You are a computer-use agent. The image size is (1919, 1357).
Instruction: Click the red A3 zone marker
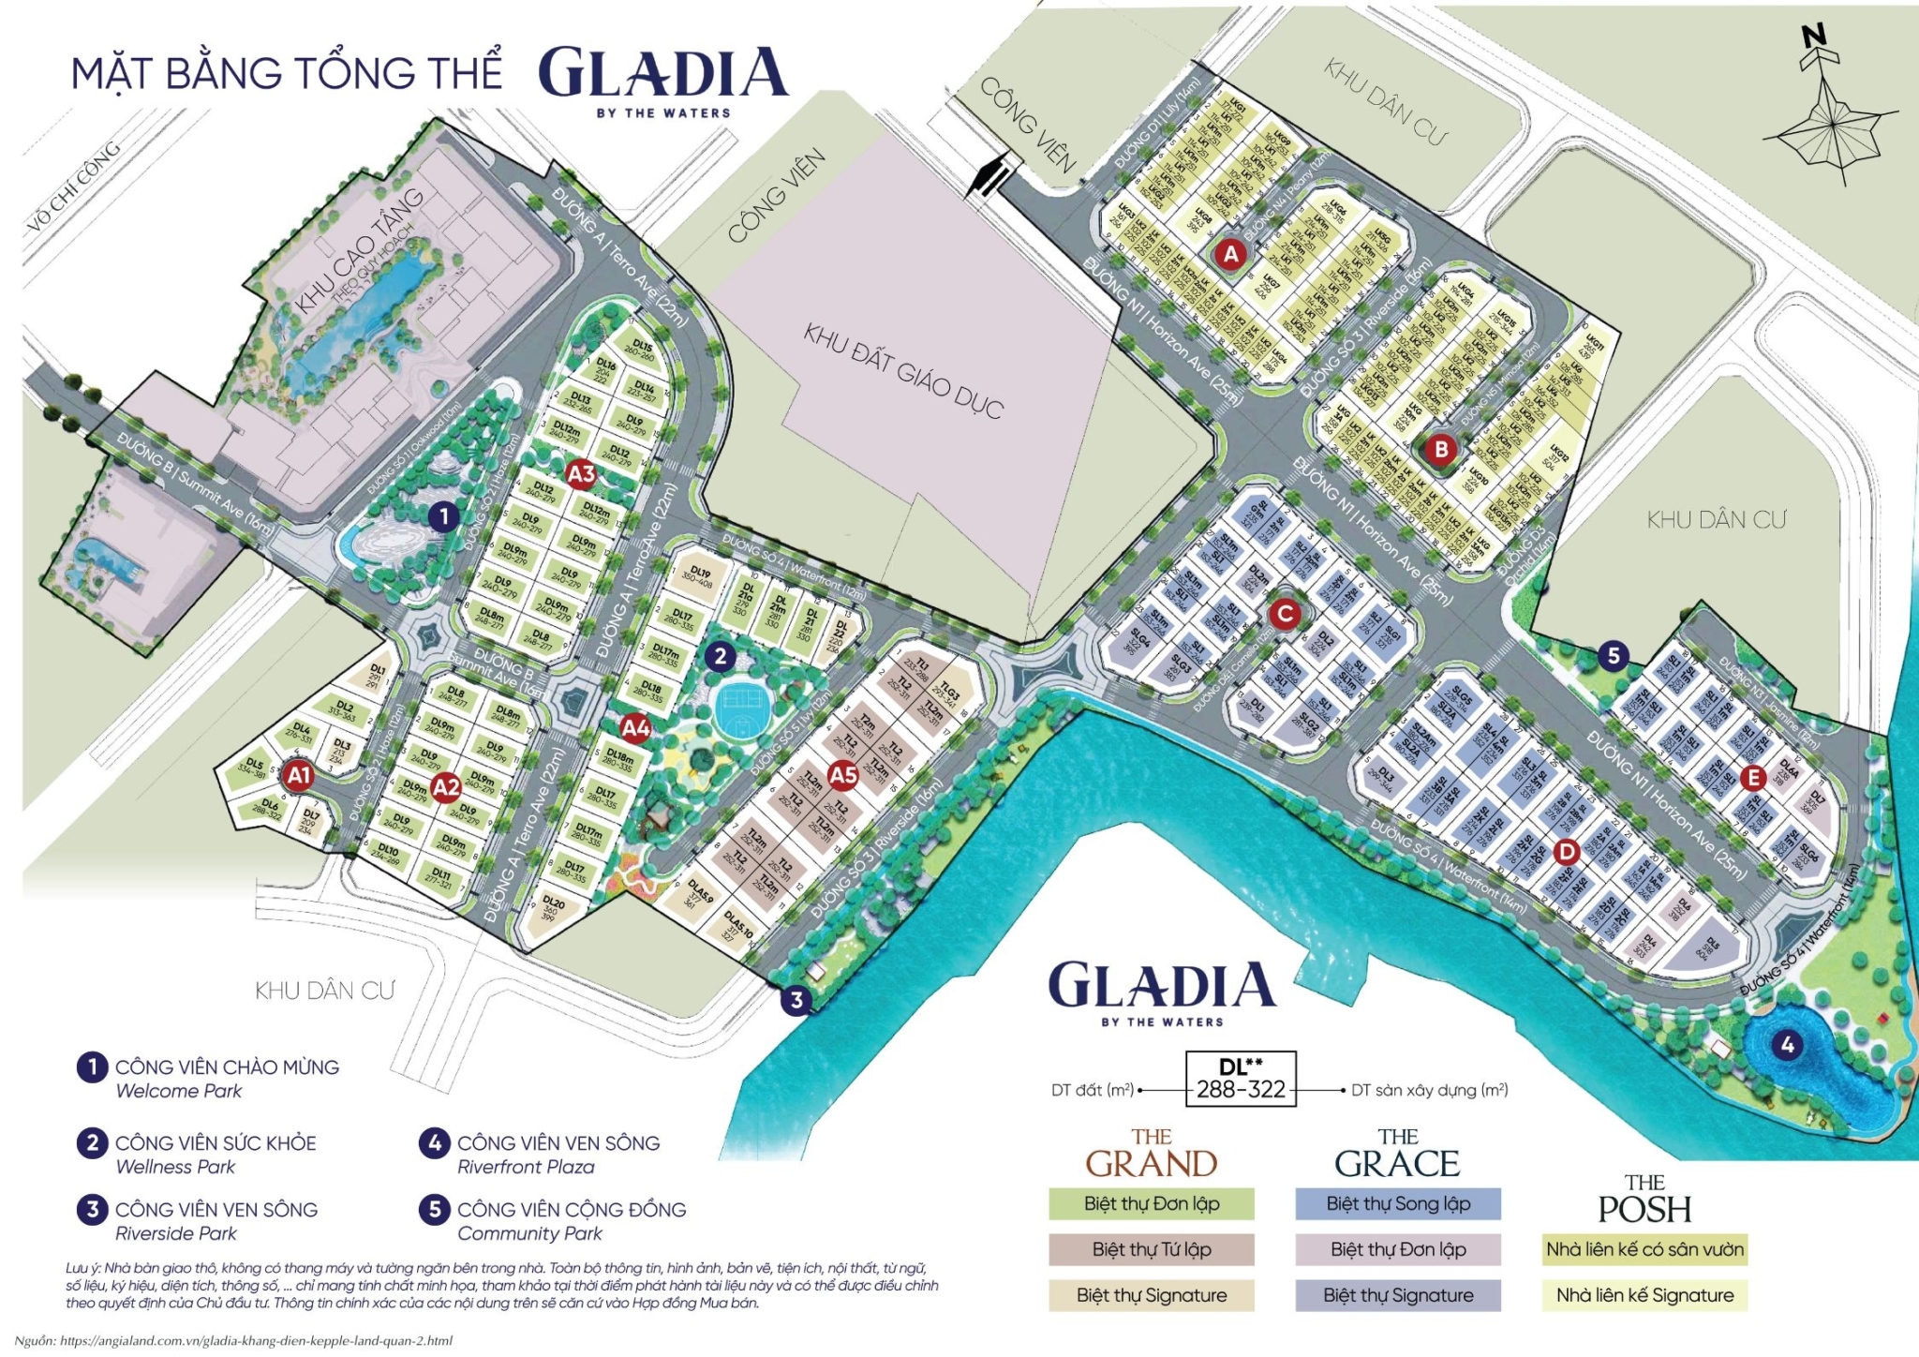coord(581,474)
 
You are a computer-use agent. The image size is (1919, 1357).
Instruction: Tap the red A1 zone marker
coord(298,775)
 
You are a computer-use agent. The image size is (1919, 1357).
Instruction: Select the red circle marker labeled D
coord(1566,852)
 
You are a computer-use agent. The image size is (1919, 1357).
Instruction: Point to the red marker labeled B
coord(1441,449)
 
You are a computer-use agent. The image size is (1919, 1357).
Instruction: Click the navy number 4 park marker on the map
coord(1787,1044)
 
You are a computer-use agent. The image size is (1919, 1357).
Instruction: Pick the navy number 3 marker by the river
coord(796,1000)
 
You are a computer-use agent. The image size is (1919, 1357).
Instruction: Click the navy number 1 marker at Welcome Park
coord(443,516)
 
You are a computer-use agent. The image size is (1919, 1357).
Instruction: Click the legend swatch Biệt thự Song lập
coord(1397,1204)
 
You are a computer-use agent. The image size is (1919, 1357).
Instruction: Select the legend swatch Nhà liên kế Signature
coord(1644,1295)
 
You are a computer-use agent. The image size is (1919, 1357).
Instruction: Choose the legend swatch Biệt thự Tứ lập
coord(1151,1249)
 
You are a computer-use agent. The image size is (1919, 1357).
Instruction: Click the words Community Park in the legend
coord(529,1234)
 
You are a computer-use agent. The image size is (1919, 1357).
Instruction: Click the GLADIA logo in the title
coord(663,74)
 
